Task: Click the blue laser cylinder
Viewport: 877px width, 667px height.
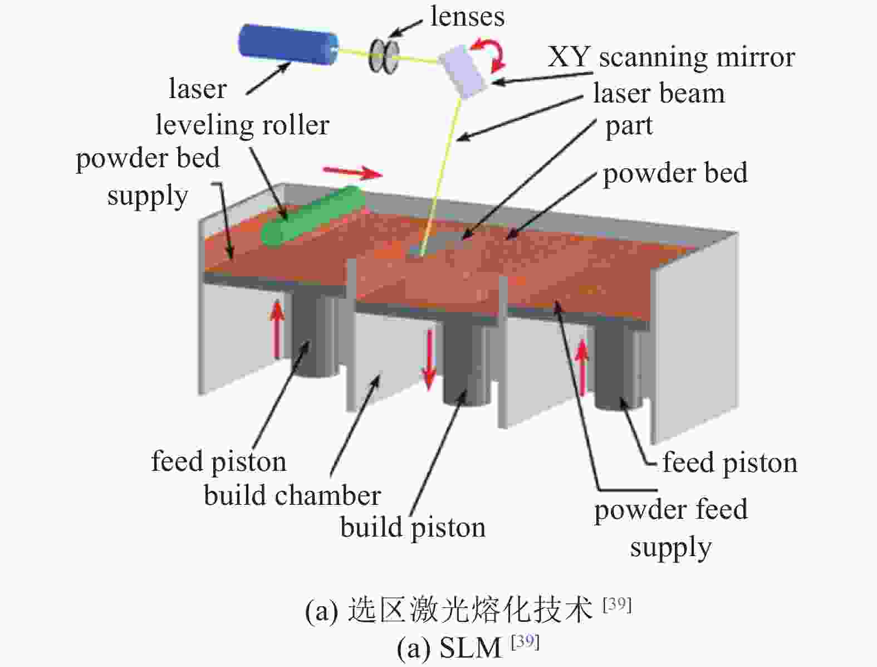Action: [288, 45]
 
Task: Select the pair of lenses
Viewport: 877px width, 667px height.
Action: [384, 55]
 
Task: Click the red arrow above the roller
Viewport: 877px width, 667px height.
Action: [352, 173]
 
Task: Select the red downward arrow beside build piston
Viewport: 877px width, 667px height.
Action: [429, 359]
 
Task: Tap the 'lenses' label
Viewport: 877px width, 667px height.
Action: [468, 17]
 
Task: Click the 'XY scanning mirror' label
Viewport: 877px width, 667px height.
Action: [671, 57]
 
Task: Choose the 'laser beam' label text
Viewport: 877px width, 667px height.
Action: [659, 94]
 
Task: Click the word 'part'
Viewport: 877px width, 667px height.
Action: [629, 127]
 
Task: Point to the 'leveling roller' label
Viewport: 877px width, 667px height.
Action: [242, 125]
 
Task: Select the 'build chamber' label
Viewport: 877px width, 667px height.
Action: [292, 496]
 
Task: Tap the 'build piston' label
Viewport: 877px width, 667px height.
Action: [413, 528]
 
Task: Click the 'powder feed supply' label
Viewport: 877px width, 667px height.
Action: [671, 528]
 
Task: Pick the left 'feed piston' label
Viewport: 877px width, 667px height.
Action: [218, 462]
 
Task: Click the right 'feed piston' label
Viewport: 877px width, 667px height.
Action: [730, 463]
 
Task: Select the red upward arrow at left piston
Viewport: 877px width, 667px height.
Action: [277, 330]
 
